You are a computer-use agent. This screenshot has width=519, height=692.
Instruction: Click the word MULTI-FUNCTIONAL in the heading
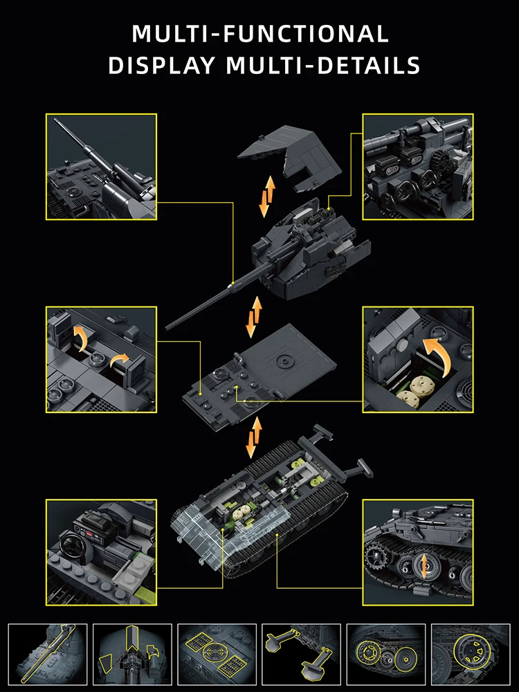point(260,33)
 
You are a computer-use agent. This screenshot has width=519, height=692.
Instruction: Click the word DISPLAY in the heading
point(161,65)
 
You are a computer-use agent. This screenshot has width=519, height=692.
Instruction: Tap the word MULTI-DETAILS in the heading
point(322,65)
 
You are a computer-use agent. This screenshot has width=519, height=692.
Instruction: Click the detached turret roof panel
point(290,157)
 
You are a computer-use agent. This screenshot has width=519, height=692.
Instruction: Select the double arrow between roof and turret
point(267,197)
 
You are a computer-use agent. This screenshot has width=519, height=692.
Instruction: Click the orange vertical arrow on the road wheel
point(424,567)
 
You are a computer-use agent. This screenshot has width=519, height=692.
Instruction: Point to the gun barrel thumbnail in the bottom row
point(48,654)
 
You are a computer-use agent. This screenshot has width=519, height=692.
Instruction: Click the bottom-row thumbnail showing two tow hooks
point(302,654)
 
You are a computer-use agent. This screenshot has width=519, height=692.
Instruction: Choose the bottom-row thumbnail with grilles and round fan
point(217,654)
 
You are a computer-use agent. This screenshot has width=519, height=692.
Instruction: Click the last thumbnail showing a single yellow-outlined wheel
point(471,654)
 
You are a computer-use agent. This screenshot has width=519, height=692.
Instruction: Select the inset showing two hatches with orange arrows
point(101,360)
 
